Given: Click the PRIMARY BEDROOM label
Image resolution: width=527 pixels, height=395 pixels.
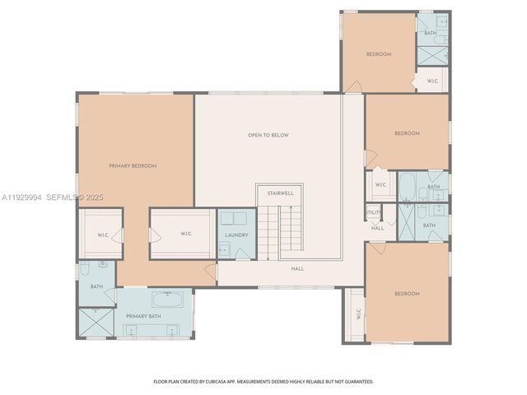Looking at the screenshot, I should click(133, 165).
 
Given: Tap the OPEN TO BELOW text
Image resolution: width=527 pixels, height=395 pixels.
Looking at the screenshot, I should click(268, 135).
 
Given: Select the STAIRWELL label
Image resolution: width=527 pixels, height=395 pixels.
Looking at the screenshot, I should click(280, 193).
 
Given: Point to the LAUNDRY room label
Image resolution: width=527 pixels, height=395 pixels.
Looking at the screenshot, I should click(236, 235).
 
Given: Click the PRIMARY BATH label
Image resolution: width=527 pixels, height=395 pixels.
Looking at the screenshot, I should click(143, 316).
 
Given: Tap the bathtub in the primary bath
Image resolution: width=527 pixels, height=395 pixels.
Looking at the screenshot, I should click(171, 299).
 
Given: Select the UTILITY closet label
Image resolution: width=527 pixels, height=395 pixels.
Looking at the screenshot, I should click(373, 212).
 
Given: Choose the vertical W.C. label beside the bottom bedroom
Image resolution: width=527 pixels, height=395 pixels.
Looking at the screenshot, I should click(359, 314).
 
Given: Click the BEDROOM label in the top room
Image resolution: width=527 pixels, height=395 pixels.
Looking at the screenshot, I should click(379, 54).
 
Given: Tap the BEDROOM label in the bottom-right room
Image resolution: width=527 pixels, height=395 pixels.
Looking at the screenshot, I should click(407, 294).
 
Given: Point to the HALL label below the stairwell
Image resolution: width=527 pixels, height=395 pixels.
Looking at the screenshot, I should click(297, 268).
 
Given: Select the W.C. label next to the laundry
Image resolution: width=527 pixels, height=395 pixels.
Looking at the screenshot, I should click(187, 234).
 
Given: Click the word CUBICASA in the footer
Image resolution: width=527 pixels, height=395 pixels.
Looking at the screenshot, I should click(235, 382).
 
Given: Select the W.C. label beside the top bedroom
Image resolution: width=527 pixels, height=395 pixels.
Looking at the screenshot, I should click(432, 81).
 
